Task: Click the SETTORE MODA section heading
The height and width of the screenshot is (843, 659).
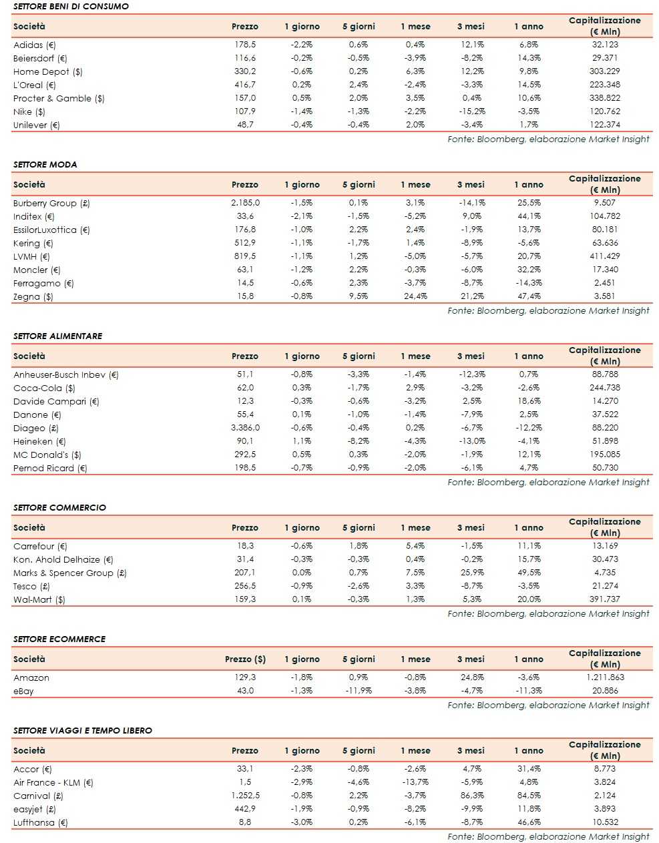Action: coord(45,164)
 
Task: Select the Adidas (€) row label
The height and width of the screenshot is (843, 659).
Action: coord(35,45)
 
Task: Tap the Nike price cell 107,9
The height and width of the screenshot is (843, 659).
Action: coord(245,111)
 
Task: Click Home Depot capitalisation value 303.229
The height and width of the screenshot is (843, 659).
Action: coord(604,71)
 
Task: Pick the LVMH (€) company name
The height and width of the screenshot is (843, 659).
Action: coord(31,256)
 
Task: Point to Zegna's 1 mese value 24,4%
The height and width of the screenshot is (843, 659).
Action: coord(415,296)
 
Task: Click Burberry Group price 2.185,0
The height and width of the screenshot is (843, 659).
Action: coord(245,203)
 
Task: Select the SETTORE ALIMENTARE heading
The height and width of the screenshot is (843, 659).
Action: coord(57,336)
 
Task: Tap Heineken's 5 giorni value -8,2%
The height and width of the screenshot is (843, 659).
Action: coord(358,441)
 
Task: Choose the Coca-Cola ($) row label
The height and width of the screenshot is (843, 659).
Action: coord(44,388)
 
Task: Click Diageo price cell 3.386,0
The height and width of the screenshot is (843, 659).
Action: coord(245,428)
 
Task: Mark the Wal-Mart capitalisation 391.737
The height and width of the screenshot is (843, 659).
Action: coord(604,599)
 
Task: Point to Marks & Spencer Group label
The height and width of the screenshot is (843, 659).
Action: coord(69,573)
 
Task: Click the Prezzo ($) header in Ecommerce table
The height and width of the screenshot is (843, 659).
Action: coord(245,659)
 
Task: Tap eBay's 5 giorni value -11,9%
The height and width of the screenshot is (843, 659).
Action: coord(358,691)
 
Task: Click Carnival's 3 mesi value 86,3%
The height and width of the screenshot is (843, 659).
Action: coord(472,796)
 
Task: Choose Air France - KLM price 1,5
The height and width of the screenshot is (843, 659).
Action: coord(245,782)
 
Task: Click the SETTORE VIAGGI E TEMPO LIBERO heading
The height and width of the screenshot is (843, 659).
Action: coord(82,730)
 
